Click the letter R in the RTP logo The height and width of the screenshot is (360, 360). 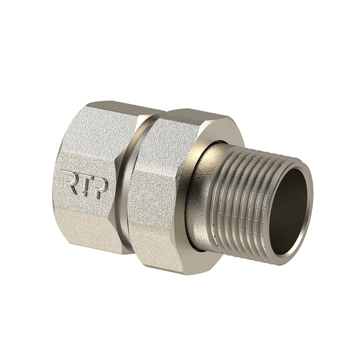(x=69, y=182)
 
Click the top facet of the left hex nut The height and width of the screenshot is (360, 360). (x=120, y=111)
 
